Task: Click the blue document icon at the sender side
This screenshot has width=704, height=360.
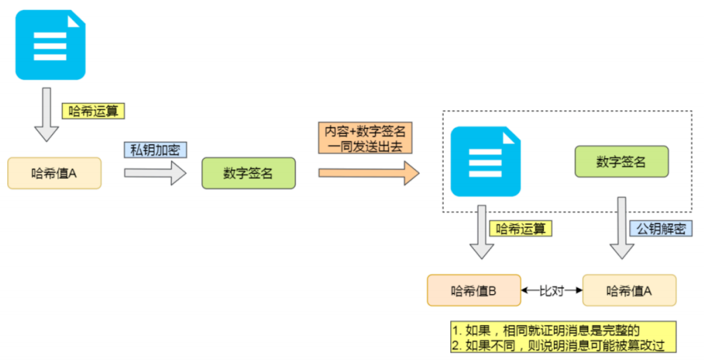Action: (50, 44)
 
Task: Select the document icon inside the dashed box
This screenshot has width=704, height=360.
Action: (485, 161)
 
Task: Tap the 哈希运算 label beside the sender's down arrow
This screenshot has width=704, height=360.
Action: (94, 111)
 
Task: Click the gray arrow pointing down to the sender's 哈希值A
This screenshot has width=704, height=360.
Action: (46, 114)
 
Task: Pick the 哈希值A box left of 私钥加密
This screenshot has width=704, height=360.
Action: (54, 173)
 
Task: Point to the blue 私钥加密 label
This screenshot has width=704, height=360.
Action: (154, 149)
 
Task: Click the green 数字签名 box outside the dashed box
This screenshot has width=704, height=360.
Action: (248, 173)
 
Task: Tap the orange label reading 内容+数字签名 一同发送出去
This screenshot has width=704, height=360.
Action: (365, 139)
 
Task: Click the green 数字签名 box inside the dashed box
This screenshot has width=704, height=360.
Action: (621, 161)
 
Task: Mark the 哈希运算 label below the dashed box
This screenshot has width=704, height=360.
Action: (520, 229)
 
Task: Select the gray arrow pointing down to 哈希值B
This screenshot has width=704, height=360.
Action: (482, 232)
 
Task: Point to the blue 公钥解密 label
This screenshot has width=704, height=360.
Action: (662, 229)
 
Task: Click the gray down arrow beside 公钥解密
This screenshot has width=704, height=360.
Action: (622, 229)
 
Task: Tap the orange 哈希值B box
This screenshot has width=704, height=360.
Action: (474, 291)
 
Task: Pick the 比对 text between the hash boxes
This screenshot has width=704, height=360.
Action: (551, 291)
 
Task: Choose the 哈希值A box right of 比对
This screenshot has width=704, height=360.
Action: (629, 291)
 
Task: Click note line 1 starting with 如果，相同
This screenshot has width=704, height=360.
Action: (545, 330)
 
